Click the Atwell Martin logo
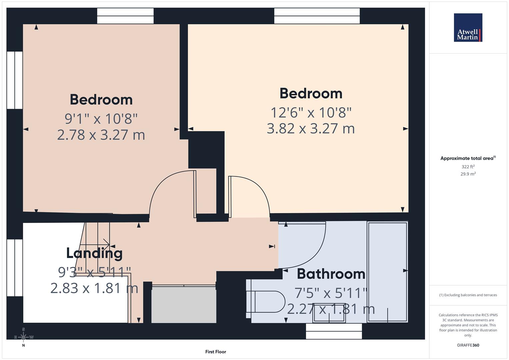468,28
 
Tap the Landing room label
94,253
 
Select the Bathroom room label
331,274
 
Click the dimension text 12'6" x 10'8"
311,113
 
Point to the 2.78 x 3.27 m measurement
101,135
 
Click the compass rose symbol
23,337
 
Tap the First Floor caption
215,352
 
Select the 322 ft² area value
468,167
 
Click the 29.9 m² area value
468,174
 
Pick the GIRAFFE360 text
468,345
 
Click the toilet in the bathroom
265,302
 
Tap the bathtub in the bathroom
387,272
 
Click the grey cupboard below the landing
184,305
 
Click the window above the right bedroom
317,16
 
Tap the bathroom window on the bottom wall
334,331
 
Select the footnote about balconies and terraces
468,295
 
